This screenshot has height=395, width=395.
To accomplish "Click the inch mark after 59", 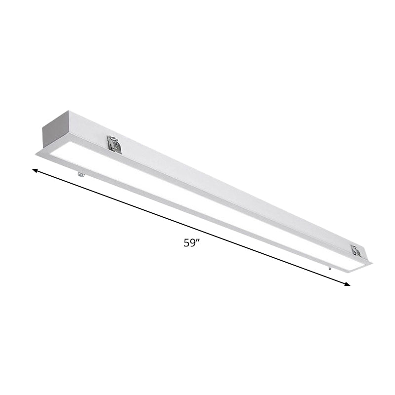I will coord(197,240).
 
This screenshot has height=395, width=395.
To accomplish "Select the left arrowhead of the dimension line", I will coord(35,170).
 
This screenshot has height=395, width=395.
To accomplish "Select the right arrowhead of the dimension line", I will coord(347,284).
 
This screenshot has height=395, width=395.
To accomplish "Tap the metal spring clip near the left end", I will coord(115,144).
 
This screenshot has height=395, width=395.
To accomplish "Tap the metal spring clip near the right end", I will coord(355,250).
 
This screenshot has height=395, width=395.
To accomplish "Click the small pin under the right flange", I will coord(329,268).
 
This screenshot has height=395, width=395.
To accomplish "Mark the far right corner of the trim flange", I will coord(371,263).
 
